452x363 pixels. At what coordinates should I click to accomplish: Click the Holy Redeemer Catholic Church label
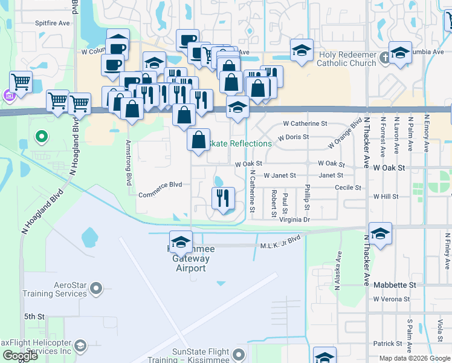tap(346, 58)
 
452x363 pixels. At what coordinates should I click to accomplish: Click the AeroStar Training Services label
tap(54, 289)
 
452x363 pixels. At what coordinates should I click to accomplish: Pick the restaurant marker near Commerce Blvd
tap(223, 197)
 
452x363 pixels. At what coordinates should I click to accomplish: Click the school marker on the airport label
tap(180, 241)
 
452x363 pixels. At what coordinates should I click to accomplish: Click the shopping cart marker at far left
tap(21, 81)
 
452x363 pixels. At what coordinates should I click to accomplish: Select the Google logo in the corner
tap(20, 356)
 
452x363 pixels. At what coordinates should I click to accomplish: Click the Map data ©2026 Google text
tap(415, 358)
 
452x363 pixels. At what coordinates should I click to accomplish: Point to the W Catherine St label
tap(305, 123)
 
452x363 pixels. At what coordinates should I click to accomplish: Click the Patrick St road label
tap(387, 344)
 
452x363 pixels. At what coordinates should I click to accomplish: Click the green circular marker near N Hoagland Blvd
tap(41, 137)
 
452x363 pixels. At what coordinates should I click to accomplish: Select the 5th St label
tap(34, 316)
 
